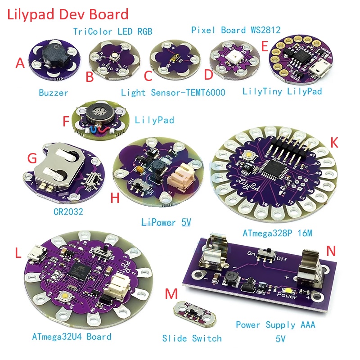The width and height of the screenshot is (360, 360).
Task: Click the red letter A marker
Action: pyautogui.click(x=20, y=63)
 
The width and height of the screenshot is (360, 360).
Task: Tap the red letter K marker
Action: pyautogui.click(x=334, y=143)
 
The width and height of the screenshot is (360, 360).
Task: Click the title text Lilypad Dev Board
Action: pyautogui.click(x=67, y=14)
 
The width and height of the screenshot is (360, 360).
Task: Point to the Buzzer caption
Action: pyautogui.click(x=53, y=93)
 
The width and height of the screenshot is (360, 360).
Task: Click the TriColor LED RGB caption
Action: pyautogui.click(x=113, y=31)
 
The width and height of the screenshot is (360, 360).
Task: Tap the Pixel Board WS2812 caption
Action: pyautogui.click(x=236, y=30)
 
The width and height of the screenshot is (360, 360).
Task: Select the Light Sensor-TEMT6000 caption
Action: pyautogui.click(x=173, y=93)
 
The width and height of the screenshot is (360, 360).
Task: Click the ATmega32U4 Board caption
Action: pyautogui.click(x=72, y=336)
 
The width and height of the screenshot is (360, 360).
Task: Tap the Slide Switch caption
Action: pyautogui.click(x=192, y=338)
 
